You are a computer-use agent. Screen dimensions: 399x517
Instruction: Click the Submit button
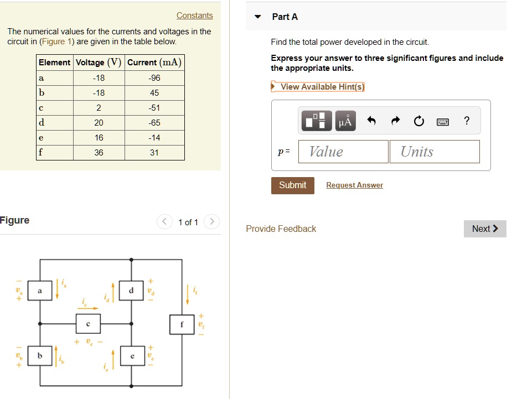292,185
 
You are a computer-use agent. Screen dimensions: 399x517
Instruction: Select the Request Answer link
354,185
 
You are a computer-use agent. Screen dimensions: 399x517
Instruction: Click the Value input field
343,152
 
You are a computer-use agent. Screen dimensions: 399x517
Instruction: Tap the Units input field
434,152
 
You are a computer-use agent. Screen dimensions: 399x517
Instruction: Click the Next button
485,229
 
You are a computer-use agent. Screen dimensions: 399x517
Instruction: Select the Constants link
194,15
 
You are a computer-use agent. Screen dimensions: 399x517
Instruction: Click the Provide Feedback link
281,229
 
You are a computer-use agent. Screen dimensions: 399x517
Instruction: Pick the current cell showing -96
154,78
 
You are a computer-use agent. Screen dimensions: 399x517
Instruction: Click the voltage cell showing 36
99,153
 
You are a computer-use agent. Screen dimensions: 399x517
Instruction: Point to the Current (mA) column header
154,62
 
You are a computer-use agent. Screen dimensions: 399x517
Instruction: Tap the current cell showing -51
154,108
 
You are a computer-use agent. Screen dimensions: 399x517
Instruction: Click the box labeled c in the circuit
88,323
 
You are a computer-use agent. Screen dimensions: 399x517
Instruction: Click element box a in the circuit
39,290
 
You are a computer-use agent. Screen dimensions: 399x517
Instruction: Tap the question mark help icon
467,121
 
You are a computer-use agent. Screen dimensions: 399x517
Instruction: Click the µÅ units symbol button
345,121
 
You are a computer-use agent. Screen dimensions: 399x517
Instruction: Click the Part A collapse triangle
257,17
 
